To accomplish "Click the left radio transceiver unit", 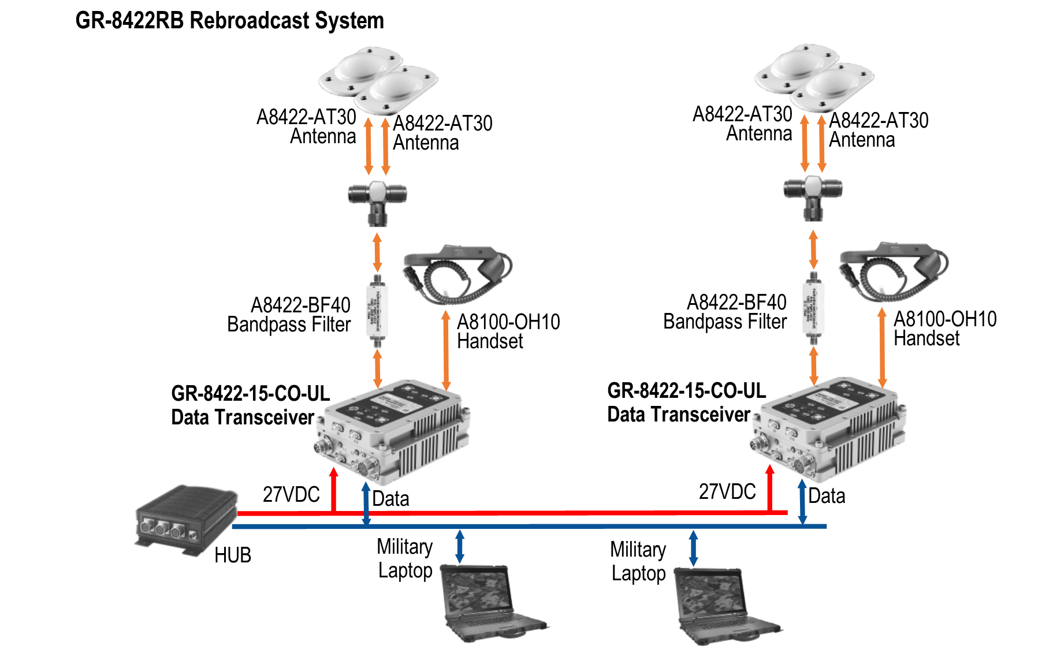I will [393, 433].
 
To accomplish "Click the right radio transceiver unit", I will [829, 430].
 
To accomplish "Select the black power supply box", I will [186, 520].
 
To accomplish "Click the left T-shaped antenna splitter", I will [377, 199].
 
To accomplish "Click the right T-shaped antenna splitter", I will [813, 196].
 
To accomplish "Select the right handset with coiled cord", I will [892, 274].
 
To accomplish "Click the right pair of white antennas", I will [814, 78].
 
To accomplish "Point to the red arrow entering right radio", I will [769, 488].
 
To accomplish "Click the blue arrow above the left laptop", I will [460, 546].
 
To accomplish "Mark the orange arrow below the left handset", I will [446, 349].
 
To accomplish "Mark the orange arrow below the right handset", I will [882, 346].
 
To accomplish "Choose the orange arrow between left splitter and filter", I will [377, 252].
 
